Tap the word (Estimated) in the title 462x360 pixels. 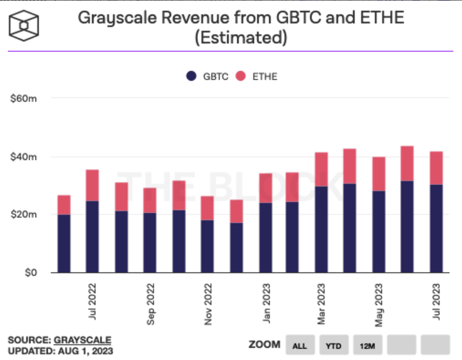pos(241,38)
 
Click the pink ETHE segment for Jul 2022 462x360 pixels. pos(93,185)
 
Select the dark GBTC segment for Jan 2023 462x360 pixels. pos(265,237)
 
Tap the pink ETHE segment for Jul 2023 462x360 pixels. pos(436,168)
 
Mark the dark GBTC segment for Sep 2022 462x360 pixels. pos(150,242)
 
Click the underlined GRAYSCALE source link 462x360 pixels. pos(83,340)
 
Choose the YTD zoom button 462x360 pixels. pos(334,345)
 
